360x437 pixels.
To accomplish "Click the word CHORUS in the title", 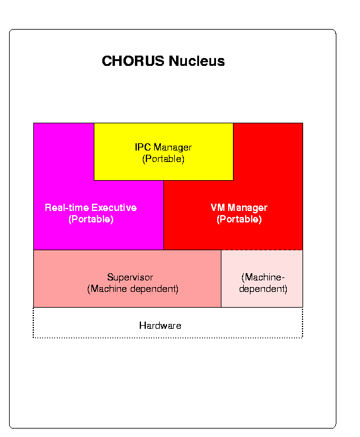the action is (133, 61).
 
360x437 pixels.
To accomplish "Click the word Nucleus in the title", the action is (197, 61).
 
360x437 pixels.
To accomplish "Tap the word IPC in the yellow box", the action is (143, 147).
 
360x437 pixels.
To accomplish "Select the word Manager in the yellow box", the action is (173, 147).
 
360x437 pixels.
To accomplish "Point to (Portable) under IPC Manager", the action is (163, 159).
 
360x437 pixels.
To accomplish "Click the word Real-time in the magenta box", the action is (67, 207).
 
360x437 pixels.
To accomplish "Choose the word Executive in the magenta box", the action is (114, 207).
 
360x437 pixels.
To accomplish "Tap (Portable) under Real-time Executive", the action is (91, 219).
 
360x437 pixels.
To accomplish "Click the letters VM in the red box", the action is (218, 207).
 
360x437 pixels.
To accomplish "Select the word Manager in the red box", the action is (247, 208).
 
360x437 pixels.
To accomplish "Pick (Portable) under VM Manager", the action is (239, 219).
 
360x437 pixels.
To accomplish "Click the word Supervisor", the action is (130, 277).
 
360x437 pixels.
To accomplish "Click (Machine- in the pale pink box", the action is (263, 277).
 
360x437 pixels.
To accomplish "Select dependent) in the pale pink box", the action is (263, 288).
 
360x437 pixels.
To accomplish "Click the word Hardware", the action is (160, 325).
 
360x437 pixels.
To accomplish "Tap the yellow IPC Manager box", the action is (163, 152).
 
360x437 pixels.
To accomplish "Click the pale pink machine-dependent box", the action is (262, 279).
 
